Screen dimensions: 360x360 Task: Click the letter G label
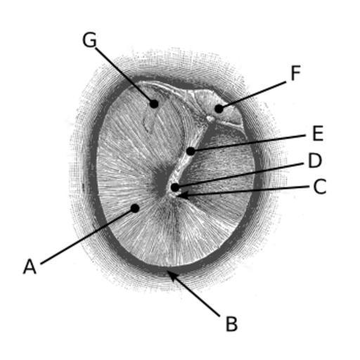pos(89,40)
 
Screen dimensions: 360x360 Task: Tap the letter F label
pos(295,73)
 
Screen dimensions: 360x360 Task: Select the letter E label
pos(318,133)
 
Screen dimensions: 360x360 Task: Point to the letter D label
pos(315,160)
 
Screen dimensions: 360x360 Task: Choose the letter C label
pos(320,186)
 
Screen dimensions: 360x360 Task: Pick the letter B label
pos(231,324)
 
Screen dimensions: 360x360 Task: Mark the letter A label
pos(30,266)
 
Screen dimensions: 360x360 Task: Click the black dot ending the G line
pos(154,103)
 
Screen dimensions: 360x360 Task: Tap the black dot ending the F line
pos(219,109)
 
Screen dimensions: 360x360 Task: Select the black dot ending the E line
pos(191,151)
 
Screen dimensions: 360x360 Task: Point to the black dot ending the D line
pos(175,187)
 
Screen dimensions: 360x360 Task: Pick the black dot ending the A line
pos(135,208)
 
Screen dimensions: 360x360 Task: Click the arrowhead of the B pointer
pos(171,275)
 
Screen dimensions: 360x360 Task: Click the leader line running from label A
pos(88,236)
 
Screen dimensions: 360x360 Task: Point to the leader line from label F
pos(252,95)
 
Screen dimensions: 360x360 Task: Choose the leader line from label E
pos(248,143)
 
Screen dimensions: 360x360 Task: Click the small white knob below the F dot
pos(210,119)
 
